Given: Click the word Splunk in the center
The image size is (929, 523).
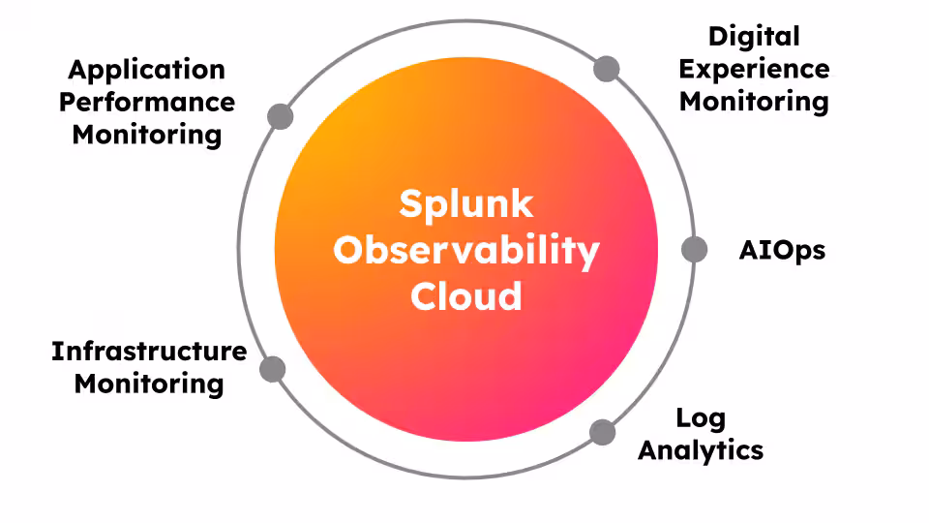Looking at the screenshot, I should coord(466,205).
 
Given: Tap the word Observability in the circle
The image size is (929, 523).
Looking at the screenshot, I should coord(466,250).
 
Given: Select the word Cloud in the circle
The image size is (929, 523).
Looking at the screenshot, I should coord(466,294).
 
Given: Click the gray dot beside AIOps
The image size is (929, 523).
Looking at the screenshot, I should coord(694,250).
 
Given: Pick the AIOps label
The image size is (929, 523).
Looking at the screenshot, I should coord(782,250).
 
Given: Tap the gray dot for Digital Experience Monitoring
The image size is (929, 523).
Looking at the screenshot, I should coord(607,69).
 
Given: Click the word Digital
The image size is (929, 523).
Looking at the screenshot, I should coord(754,37).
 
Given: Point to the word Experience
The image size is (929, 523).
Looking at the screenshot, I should coord(754,69).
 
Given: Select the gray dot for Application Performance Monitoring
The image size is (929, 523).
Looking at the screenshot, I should coord(280,116).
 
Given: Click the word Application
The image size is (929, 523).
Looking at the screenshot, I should coord(146,70).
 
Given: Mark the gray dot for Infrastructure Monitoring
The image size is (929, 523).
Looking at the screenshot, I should coord(273,369).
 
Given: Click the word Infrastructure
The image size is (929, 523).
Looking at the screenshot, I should coord(149,351).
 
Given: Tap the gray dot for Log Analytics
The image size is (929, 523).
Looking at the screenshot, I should coord(602,432).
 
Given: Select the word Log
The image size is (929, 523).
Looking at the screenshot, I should coord(701,418).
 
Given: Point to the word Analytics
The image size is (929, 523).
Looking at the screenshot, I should coord(701,450).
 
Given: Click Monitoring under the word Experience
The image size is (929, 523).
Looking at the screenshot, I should coord(754,101).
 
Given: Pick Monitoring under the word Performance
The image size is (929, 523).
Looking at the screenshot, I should coord(146,134).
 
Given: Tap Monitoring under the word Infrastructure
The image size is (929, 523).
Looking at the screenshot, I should coord(149,383).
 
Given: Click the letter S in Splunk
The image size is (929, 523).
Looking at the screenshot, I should coord(411,205).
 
